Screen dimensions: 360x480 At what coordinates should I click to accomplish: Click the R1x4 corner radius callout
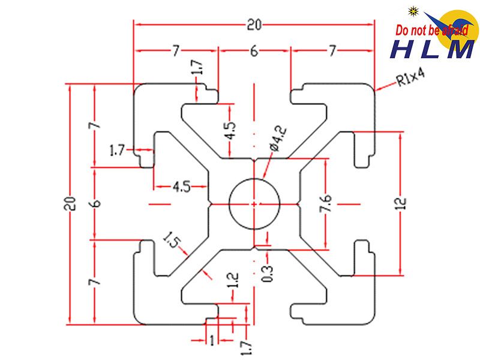tap(410, 79)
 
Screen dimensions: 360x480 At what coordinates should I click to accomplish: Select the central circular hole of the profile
tap(255, 203)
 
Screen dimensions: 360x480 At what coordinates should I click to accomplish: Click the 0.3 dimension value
tap(268, 274)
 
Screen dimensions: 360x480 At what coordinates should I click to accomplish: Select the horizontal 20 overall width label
tap(254, 25)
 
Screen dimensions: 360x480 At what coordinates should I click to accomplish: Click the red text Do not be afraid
tap(431, 31)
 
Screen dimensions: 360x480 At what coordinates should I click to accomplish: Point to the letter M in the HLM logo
tap(460, 50)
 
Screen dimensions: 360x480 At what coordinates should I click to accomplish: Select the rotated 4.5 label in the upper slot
tap(231, 131)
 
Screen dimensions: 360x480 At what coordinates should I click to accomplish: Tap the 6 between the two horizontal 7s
tap(254, 52)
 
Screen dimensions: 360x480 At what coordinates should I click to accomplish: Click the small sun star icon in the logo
tap(413, 10)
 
